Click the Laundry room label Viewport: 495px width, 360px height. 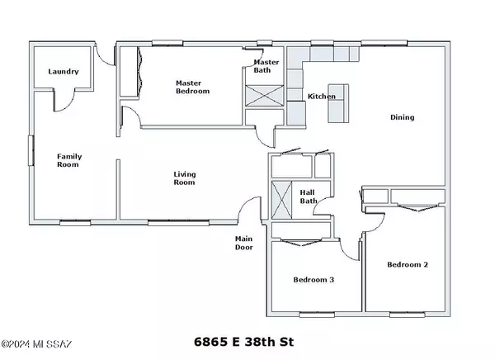[64, 72]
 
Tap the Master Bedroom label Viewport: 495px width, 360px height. [192, 87]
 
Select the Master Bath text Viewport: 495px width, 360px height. [266, 66]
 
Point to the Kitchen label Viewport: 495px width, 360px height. [322, 96]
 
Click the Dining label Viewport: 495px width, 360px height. [403, 117]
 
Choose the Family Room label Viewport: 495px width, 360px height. [69, 160]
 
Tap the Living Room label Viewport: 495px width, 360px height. [184, 178]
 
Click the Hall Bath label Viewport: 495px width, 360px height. [309, 197]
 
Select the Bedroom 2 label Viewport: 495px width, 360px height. [408, 264]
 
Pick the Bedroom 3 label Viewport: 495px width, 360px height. [313, 280]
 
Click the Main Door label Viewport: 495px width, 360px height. [243, 243]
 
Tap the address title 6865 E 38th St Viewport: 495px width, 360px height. [243, 342]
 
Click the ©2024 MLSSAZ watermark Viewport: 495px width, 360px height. [36, 343]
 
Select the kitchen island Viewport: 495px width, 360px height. [338, 103]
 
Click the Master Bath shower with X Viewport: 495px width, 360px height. [265, 96]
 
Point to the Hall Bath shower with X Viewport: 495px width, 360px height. [281, 200]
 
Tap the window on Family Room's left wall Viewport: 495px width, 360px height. [31, 150]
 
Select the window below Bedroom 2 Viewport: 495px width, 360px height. [407, 315]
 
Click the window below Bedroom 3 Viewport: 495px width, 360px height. [317, 315]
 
